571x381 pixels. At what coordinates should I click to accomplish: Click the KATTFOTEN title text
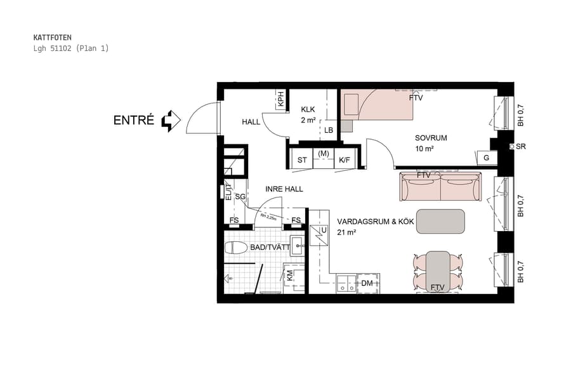pyautogui.click(x=52, y=37)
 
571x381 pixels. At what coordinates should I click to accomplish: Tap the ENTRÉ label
pyautogui.click(x=133, y=120)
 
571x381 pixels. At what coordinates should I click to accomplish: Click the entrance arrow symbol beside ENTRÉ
pyautogui.click(x=171, y=121)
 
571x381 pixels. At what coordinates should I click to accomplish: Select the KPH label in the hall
pyautogui.click(x=280, y=99)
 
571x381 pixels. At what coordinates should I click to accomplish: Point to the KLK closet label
pyautogui.click(x=308, y=109)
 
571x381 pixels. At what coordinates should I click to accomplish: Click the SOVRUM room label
pyautogui.click(x=431, y=138)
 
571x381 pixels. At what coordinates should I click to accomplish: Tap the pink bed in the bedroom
pyautogui.click(x=377, y=104)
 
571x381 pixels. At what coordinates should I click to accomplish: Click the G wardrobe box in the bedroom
pyautogui.click(x=486, y=157)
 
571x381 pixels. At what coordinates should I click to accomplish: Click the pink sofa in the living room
pyautogui.click(x=440, y=187)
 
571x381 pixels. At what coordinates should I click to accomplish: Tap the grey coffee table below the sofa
pyautogui.click(x=440, y=221)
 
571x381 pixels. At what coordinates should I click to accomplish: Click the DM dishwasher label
pyautogui.click(x=367, y=283)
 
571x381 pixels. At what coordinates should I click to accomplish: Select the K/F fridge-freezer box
pyautogui.click(x=344, y=160)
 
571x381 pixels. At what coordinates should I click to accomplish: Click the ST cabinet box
pyautogui.click(x=302, y=160)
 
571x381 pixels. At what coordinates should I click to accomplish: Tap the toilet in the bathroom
pyautogui.click(x=235, y=248)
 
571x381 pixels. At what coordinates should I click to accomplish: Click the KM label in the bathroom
pyautogui.click(x=290, y=276)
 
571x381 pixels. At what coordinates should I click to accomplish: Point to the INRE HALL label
pyautogui.click(x=284, y=189)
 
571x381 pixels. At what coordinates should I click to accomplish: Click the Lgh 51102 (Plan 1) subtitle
pyautogui.click(x=70, y=48)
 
